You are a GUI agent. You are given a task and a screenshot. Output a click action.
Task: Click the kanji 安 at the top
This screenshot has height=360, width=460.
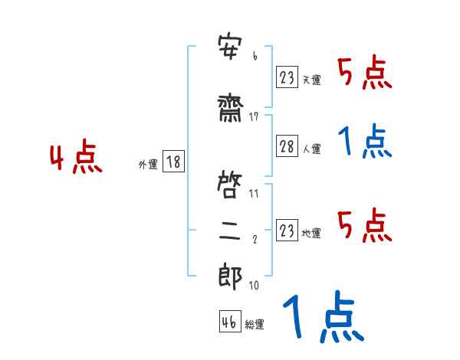[230, 47]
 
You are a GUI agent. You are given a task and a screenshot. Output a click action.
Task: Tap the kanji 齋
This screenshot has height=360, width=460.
[230, 110]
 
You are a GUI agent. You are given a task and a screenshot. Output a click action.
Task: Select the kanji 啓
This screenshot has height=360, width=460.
[229, 185]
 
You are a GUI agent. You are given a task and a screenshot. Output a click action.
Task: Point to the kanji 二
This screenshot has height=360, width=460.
[229, 231]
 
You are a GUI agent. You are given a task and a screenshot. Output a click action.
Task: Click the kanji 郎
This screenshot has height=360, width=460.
[230, 277]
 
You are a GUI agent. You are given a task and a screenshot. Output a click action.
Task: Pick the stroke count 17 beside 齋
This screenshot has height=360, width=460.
[254, 117]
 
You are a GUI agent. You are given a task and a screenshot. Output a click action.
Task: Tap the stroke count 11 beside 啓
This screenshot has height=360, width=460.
[254, 194]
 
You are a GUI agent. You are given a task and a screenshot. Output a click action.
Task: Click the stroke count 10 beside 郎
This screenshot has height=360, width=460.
[254, 285]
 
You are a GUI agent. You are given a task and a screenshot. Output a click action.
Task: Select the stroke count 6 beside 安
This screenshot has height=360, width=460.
[255, 56]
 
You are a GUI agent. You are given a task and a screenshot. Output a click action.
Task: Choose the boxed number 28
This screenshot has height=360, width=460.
[287, 146]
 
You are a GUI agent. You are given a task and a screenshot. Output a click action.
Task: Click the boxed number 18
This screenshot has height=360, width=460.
[173, 162]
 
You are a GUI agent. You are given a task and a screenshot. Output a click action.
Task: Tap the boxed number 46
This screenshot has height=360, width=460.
[230, 321]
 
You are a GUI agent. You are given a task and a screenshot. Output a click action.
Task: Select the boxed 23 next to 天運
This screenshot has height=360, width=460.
[287, 77]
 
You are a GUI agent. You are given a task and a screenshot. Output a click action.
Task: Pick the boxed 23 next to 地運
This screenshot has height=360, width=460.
[287, 230]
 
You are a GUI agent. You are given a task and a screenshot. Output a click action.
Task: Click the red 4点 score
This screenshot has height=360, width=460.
[76, 156]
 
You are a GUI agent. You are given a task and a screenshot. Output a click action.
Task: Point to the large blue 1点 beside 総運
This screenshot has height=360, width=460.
[324, 316]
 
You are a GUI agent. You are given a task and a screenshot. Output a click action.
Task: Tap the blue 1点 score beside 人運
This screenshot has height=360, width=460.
[365, 141]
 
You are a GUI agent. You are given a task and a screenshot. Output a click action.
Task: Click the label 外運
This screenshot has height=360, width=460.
[148, 165]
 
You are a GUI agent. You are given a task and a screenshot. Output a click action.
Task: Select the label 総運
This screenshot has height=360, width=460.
[255, 325]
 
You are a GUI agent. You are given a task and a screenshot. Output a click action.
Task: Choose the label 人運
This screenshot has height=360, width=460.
[312, 149]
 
